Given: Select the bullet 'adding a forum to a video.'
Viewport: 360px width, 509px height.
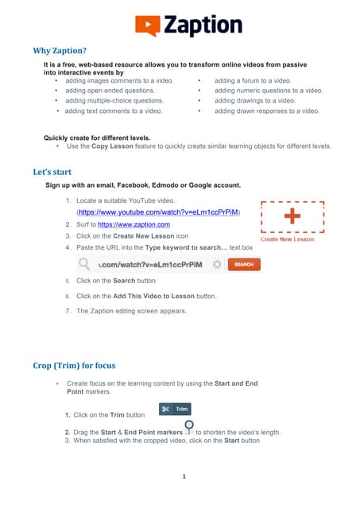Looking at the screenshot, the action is click(x=253, y=80).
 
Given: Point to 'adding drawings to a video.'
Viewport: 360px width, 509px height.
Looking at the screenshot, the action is click(x=254, y=101).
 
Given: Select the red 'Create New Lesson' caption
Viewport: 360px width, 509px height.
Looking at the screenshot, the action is click(x=287, y=239).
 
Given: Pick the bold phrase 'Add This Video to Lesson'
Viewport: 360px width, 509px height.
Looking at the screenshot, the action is click(x=144, y=296).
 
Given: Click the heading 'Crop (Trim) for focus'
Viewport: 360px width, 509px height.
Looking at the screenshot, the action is click(x=74, y=366).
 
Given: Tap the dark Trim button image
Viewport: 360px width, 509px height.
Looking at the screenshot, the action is click(x=174, y=409).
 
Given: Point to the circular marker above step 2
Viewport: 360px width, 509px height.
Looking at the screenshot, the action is click(x=190, y=425).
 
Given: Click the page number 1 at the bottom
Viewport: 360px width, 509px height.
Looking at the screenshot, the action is click(x=183, y=477).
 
